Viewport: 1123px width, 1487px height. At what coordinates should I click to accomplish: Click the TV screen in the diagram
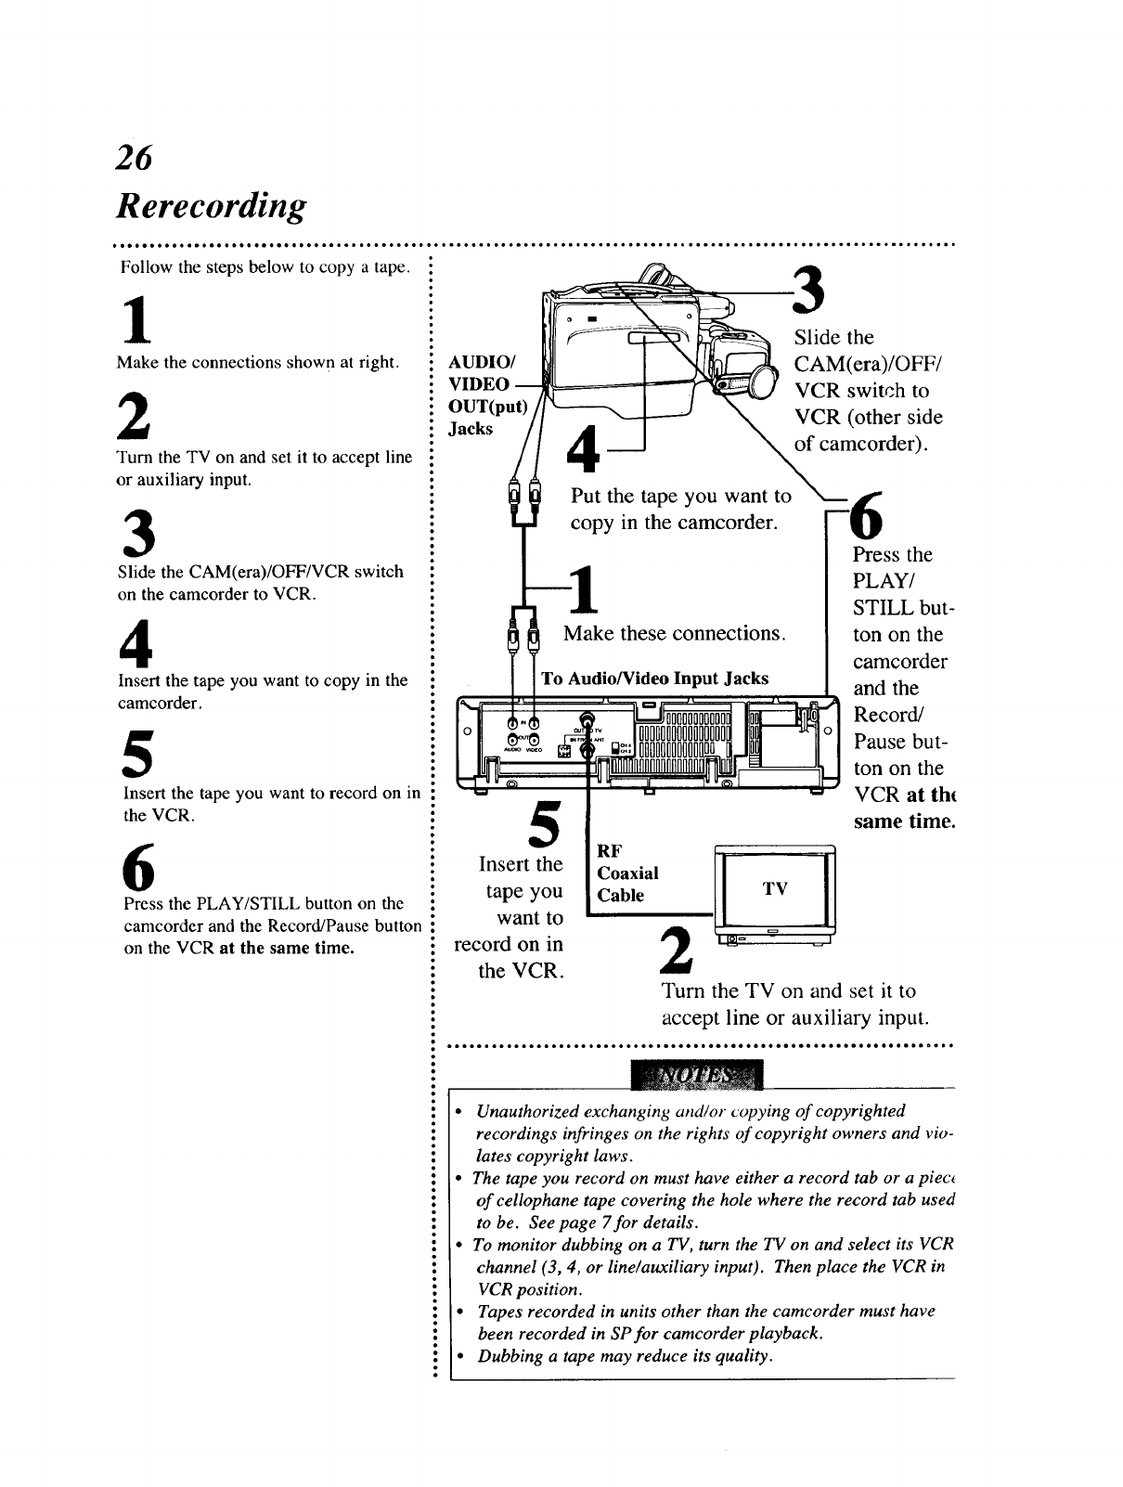(x=775, y=889)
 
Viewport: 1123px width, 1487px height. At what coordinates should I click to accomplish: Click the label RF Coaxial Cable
(x=627, y=873)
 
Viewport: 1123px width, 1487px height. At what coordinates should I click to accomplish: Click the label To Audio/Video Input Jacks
(x=654, y=679)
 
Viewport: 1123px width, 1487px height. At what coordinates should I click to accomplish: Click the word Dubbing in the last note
(x=509, y=1357)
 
